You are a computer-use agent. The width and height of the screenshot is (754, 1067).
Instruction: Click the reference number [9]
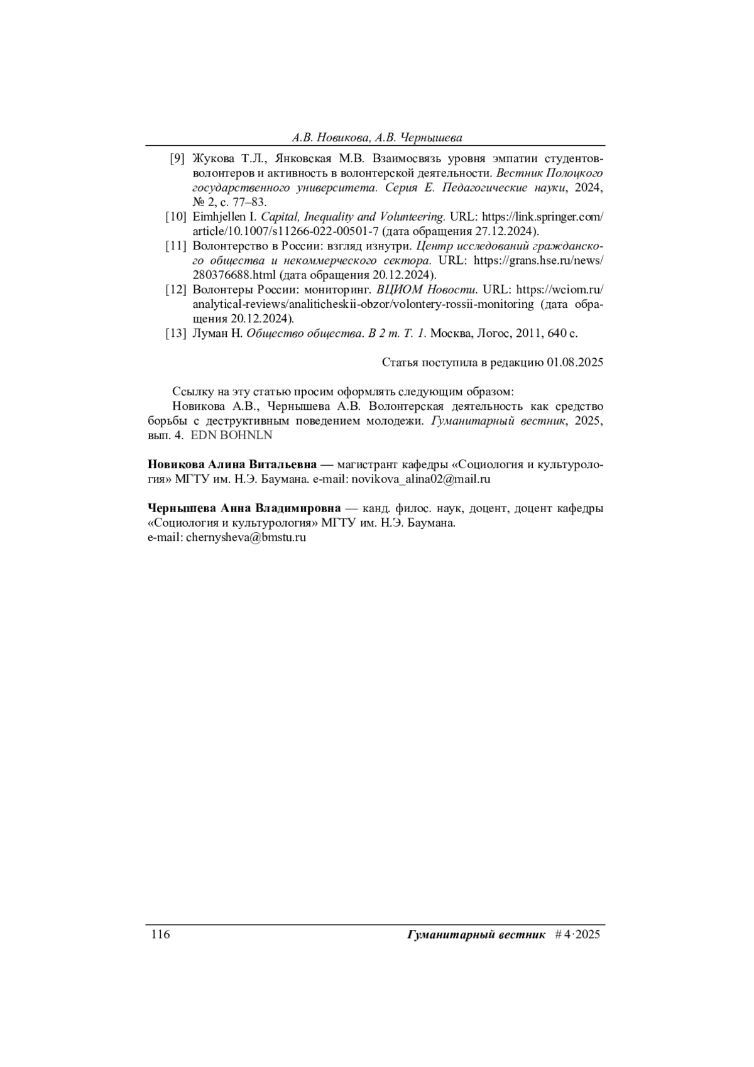pos(177,158)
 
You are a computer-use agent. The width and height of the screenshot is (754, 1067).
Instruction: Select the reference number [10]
pos(176,217)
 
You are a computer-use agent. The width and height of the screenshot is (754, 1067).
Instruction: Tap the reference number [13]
pos(176,334)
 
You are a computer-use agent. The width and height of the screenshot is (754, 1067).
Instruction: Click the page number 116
pos(160,934)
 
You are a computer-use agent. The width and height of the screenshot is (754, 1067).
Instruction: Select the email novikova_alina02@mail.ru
pos(421,479)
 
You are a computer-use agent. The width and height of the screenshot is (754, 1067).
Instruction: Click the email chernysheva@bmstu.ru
pos(246,538)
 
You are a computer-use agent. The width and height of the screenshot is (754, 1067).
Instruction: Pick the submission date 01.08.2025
pos(575,363)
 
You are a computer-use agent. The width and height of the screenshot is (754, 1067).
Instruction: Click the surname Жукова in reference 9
pos(212,158)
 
